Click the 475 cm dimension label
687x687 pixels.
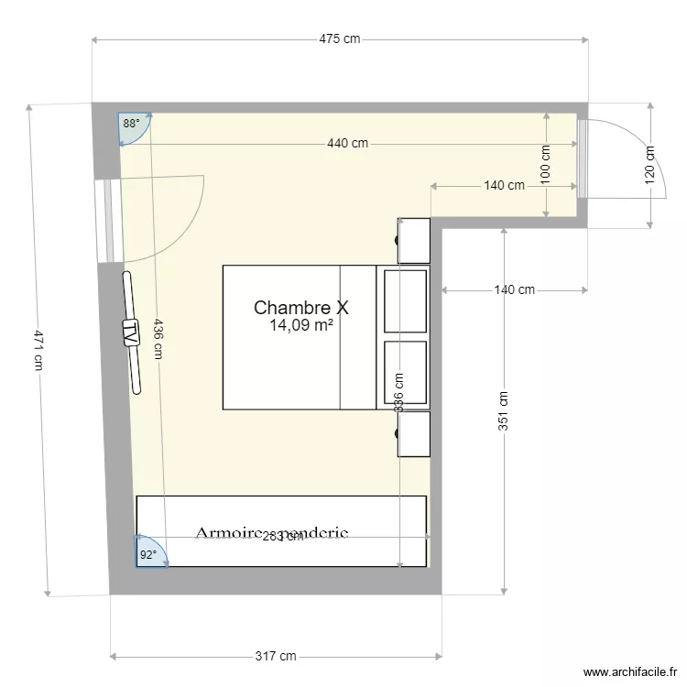tap(339, 39)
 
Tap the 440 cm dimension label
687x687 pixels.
tap(347, 143)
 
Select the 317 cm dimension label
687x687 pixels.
tap(277, 656)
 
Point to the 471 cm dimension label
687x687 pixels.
tap(38, 349)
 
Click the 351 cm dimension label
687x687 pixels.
tap(503, 410)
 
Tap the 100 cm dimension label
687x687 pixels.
tap(545, 165)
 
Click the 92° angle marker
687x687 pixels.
tap(147, 554)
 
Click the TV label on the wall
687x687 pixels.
tap(131, 332)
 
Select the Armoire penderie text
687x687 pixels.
tap(271, 533)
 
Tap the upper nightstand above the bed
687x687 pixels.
tap(414, 240)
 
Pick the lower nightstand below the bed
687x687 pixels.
tap(414, 433)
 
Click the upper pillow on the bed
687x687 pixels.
tap(406, 300)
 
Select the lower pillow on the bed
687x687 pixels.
tap(406, 372)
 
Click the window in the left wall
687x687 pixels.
tap(109, 220)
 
